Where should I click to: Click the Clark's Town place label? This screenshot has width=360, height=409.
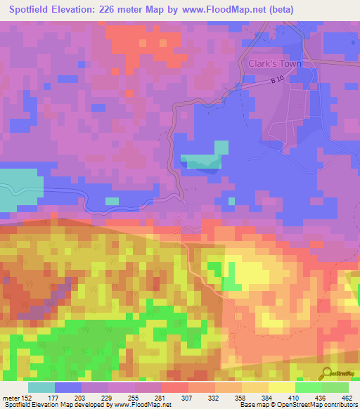pyautogui.click(x=275, y=63)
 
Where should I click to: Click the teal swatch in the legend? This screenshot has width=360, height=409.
pyautogui.click(x=41, y=387)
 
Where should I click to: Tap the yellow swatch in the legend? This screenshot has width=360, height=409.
pyautogui.click(x=281, y=387)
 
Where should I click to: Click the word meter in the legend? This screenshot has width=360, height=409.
pyautogui.click(x=11, y=398)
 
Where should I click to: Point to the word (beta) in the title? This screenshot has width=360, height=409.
pyautogui.click(x=279, y=10)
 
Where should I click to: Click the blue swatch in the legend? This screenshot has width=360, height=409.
pyautogui.click(x=68, y=387)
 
